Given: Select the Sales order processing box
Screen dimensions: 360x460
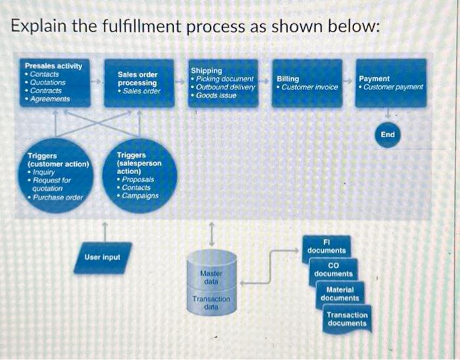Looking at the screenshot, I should point(139,83).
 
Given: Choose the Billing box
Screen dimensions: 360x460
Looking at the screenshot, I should point(307,83).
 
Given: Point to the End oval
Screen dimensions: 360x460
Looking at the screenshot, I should point(388,135).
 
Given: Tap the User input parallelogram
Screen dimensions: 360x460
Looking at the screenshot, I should point(103,257).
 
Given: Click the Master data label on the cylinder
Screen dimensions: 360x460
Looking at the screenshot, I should point(211,277).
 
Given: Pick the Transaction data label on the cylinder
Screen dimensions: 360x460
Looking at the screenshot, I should point(211,303).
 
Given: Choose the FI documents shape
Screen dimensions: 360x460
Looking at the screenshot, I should point(326,246).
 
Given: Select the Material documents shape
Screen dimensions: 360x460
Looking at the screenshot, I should point(340,294).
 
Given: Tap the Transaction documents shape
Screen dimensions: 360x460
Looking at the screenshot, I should point(347,319).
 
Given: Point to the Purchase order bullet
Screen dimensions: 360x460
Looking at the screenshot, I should point(58,197).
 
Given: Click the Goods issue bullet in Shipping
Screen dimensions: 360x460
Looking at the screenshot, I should point(218,95).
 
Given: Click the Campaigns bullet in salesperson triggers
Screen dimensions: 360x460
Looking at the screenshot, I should point(139,196).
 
